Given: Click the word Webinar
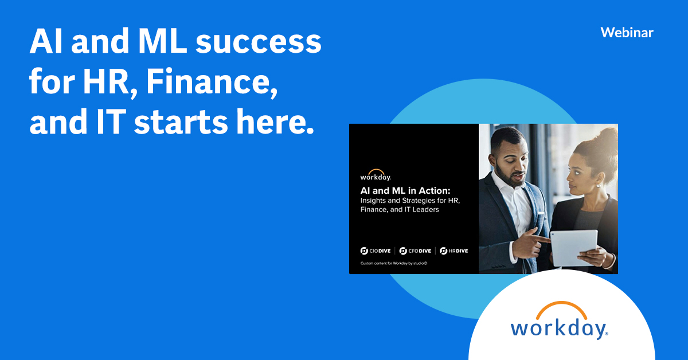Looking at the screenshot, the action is coord(627,33).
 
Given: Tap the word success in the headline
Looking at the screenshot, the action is coord(259,41).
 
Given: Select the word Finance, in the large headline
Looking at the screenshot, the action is coord(212,82).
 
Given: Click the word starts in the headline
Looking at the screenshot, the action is coord(181,122).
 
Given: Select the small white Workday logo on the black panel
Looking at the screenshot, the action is coord(376,175).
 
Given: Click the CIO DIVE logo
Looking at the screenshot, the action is coord(376,251).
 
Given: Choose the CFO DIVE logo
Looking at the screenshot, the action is coord(415,251).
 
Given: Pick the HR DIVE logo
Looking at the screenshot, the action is coord(454,251).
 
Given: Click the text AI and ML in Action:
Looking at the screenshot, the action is coord(405,191).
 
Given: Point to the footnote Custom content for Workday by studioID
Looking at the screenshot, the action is coord(394,263).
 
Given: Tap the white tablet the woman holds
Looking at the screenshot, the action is coord(574,247).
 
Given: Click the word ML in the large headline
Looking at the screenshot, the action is coord(162,41).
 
